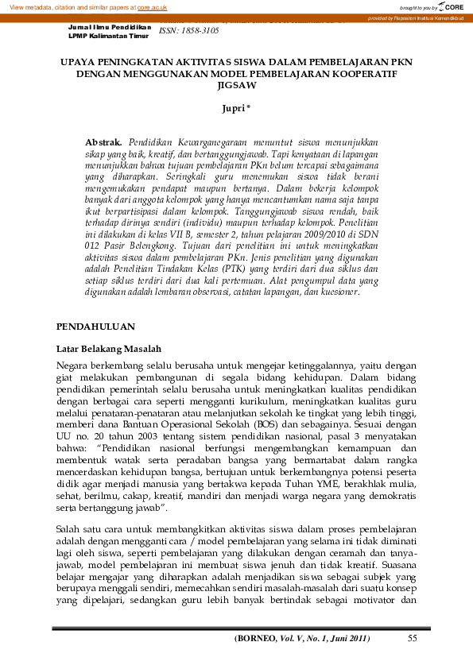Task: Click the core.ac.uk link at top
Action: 152,6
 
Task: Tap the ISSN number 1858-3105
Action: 189,29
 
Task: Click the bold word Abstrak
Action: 103,141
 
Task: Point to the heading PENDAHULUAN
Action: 96,327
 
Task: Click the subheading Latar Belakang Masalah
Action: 109,349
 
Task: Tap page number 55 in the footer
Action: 412,638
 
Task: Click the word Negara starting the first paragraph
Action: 73,365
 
